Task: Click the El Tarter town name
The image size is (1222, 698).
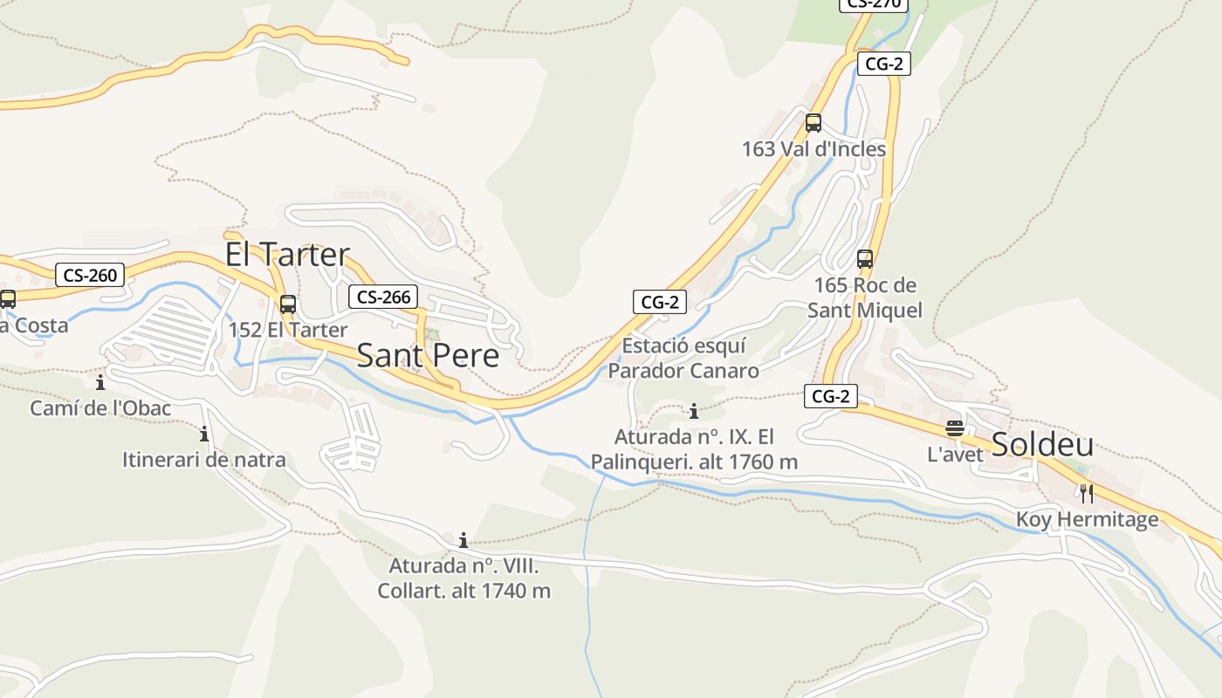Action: (x=287, y=254)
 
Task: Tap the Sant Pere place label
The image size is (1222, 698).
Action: (x=428, y=355)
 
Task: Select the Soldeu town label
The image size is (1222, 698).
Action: (x=1042, y=444)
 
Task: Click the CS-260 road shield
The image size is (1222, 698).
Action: (x=90, y=276)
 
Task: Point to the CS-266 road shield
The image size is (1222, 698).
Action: (x=384, y=297)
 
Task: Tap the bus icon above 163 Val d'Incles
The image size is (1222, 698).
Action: (x=814, y=123)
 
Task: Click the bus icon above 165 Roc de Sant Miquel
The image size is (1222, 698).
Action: (x=865, y=259)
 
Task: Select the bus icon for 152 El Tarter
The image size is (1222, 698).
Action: (x=288, y=305)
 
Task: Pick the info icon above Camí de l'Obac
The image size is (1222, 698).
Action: (x=100, y=382)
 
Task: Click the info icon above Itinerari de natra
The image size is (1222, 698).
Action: (x=204, y=434)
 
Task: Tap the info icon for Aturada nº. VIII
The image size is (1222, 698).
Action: (x=463, y=540)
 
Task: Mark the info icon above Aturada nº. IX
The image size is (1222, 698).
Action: (x=694, y=411)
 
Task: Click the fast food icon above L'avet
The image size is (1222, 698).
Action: (x=955, y=428)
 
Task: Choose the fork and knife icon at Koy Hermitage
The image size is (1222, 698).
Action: (x=1087, y=494)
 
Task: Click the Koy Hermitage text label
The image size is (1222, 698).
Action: (x=1087, y=520)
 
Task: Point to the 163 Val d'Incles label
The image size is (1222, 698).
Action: (x=814, y=149)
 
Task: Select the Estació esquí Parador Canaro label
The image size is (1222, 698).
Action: (x=683, y=359)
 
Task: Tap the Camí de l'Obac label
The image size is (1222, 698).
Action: (x=100, y=407)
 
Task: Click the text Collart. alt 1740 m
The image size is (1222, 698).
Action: (x=463, y=591)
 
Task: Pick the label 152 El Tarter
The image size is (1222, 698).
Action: (x=288, y=330)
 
